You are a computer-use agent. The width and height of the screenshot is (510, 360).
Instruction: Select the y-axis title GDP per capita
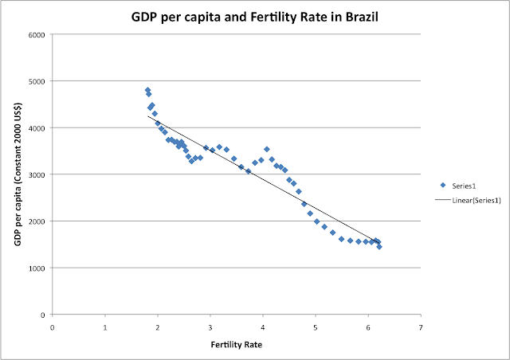[18, 174]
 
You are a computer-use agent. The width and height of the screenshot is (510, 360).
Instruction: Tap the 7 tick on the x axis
[420, 325]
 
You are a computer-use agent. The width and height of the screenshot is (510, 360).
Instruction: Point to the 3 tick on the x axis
[210, 325]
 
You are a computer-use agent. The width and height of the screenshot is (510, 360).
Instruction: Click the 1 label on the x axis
[105, 325]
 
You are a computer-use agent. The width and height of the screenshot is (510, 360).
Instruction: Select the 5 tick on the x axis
[315, 325]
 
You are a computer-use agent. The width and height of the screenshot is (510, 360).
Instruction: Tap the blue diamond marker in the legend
[443, 185]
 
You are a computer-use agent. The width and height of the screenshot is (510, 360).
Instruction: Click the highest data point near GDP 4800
[147, 90]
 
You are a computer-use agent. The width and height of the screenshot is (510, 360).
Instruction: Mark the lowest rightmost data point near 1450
[379, 247]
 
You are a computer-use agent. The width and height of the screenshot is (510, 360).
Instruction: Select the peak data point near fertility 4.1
[267, 149]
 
